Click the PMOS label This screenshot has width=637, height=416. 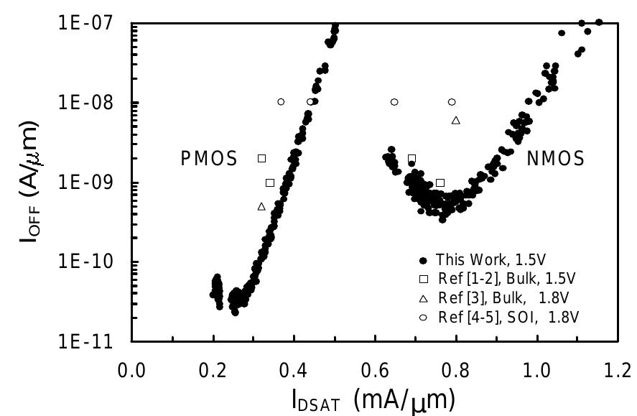click(x=208, y=159)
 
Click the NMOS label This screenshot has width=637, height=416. click(x=556, y=159)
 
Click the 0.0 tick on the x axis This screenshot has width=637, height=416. click(x=132, y=373)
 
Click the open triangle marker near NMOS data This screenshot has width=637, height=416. click(x=455, y=119)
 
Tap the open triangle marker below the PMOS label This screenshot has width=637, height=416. click(x=261, y=206)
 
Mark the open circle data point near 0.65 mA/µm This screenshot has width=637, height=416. click(x=394, y=102)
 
